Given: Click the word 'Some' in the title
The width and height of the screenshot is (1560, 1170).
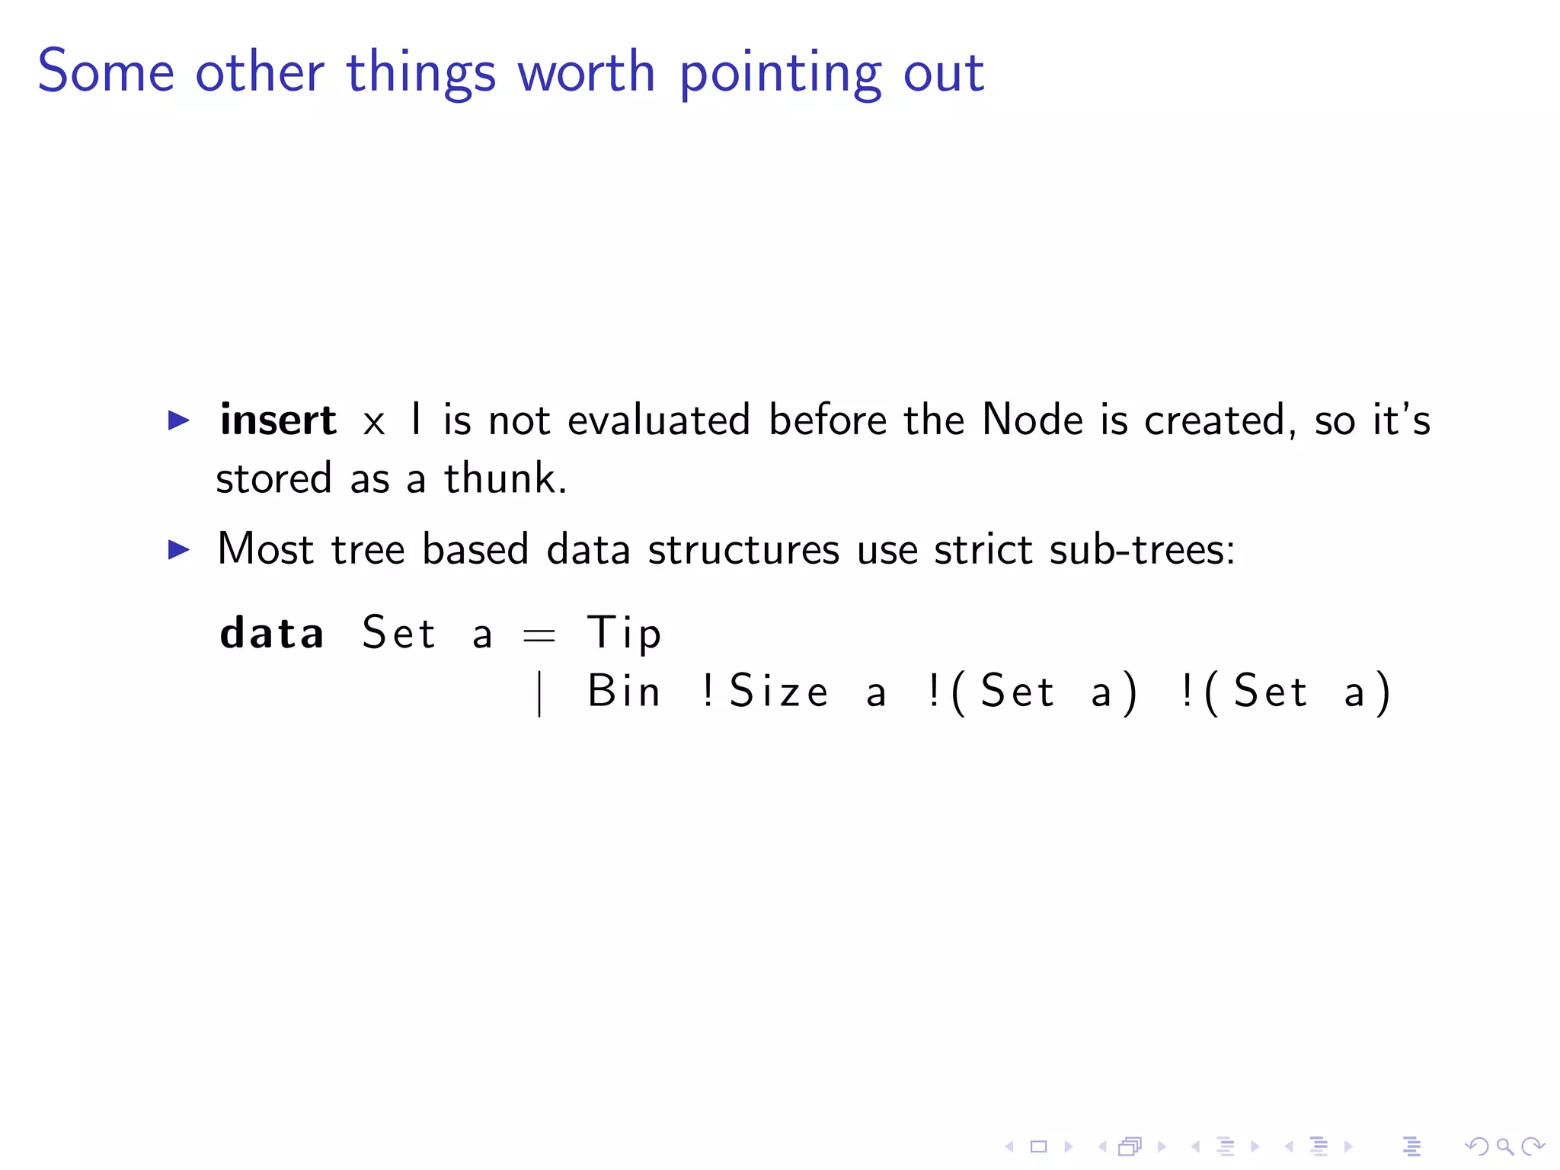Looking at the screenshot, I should tap(106, 72).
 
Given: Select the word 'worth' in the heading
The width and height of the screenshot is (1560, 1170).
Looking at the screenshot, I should tap(586, 72).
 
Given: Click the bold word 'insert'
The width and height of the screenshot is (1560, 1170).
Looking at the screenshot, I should tap(278, 420).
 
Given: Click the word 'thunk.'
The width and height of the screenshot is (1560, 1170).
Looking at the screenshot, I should tap(506, 478).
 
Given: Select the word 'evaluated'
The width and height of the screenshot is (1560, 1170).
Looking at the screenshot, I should tap(659, 420).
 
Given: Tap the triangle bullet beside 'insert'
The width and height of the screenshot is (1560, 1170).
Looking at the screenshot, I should tap(178, 420).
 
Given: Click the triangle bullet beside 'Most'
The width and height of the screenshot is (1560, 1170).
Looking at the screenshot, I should tap(178, 549).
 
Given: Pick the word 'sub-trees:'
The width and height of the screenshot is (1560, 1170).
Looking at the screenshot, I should tap(1142, 549).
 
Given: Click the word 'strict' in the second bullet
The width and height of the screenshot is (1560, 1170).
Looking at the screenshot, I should tap(983, 549).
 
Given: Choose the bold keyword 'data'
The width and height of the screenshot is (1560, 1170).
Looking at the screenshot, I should tap(272, 633).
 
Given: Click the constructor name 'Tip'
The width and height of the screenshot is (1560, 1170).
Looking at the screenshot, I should tap(624, 633).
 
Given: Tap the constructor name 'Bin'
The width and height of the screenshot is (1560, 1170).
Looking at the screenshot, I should tap(624, 692).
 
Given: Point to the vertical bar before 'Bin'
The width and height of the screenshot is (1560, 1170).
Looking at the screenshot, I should tap(539, 693).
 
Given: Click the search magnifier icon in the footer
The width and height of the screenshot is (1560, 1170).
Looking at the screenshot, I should tap(1504, 1146).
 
